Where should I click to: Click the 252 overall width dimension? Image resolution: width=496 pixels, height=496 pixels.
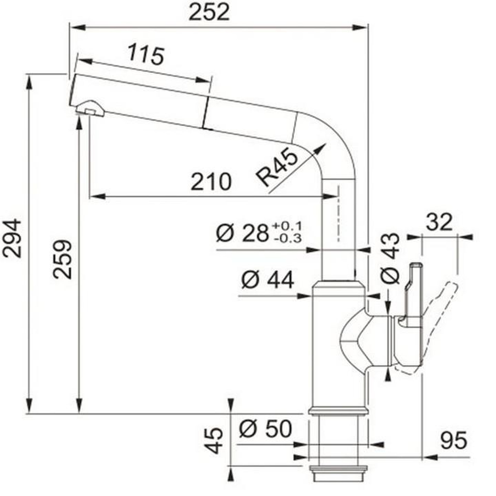209,12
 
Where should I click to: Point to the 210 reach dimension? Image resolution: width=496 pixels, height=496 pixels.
211,182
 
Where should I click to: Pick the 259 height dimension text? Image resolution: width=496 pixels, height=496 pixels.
62,259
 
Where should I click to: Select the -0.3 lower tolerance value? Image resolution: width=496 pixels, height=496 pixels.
288,239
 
